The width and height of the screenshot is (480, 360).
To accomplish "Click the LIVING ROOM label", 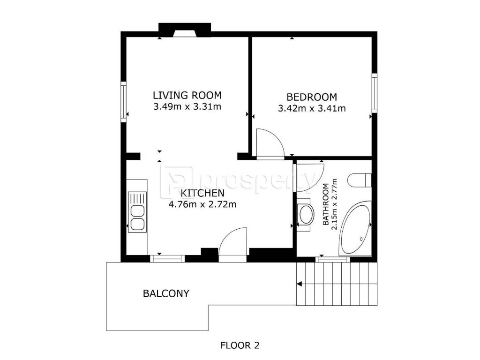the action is pos(187,95).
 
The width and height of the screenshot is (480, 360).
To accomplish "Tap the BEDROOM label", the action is pos(312,97).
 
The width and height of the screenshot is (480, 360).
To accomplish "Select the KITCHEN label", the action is pos(202,193).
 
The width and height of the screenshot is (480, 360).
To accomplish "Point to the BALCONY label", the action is pos(166,293).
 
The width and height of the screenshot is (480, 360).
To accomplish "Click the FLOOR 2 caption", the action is pos(240,345).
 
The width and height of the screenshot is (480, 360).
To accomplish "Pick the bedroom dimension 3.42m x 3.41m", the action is pos(312,108).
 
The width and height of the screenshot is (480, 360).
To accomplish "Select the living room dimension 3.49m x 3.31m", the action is pos(187,106).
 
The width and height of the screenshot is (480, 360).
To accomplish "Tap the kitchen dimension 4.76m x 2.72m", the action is pos(202,204).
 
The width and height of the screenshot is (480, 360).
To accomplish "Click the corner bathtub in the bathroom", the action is pos(355,228).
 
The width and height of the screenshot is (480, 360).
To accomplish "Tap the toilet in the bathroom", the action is pos(360,180).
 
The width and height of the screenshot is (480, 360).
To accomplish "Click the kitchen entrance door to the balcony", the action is pos(232,244).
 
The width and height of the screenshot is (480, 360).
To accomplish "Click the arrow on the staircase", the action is pos(300,284).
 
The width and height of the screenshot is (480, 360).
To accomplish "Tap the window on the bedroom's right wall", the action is pos(375,93).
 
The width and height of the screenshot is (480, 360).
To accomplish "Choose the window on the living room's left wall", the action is pos(123,102).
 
